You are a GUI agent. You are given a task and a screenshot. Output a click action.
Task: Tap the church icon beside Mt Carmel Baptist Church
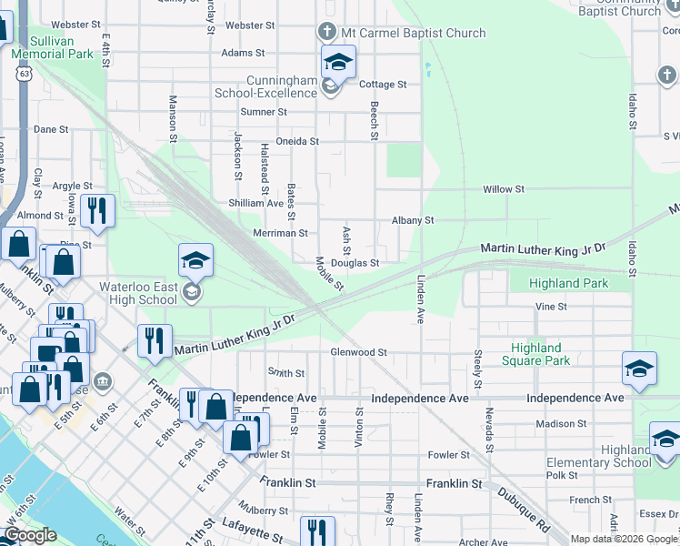[x=327, y=32]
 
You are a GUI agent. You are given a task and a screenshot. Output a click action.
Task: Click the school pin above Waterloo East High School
[x=195, y=262]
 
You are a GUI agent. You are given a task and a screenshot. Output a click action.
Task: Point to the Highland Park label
[x=570, y=283]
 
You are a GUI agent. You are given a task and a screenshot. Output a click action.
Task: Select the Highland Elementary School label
[x=599, y=456]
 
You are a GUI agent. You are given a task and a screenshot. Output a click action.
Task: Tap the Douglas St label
[x=355, y=263]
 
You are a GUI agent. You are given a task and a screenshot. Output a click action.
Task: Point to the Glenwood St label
[x=359, y=352]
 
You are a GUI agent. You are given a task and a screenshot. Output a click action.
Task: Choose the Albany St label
[x=413, y=220]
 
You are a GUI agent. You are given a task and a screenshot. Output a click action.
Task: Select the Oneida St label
[x=297, y=141]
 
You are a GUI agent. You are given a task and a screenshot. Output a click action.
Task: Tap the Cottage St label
[x=383, y=85]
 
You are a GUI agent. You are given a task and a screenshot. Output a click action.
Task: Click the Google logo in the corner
[x=31, y=535]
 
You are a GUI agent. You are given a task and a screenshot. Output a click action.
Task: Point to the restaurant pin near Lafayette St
[x=316, y=531]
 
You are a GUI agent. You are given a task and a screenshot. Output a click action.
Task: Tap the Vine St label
[x=551, y=307]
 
